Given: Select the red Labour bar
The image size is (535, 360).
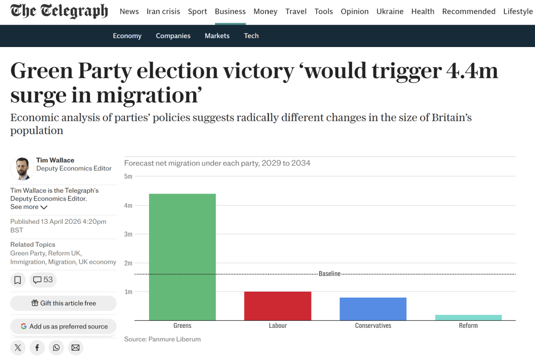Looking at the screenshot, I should point(277,306).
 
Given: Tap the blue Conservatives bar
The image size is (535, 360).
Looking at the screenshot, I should point(373,309).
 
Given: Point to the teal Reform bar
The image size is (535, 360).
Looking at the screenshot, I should point(468,317).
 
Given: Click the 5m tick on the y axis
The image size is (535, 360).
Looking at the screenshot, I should point(128,176).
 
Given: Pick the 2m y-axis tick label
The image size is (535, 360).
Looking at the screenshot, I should point(128,263).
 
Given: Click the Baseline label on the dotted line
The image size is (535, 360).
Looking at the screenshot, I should point(329,274).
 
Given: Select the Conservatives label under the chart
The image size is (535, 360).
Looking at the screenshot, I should point(373,326).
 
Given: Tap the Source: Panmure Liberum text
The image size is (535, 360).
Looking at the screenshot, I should point(162,339).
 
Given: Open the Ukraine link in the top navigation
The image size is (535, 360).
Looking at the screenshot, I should point(390,11).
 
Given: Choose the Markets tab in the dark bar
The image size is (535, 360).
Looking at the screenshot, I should point(217,36).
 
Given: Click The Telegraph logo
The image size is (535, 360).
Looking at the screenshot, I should point(59,11).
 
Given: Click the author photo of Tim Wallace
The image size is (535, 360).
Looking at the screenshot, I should point(22,169).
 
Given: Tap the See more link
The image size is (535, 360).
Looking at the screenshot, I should point(29,207).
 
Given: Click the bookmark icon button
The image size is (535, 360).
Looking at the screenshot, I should point(18,280).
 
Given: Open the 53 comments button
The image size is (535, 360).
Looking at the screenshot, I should point(43,280).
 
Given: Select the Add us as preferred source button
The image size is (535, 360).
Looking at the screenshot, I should point(63,326).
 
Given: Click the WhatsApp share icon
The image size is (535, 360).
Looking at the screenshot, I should point(56,348).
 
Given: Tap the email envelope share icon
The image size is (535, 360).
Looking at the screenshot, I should point(75,348).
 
